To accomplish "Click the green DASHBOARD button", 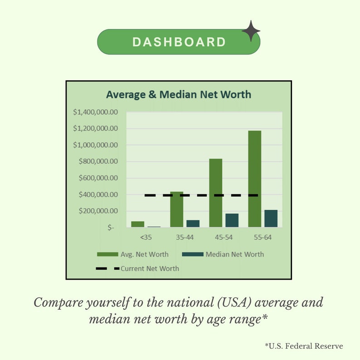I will coord(179,42).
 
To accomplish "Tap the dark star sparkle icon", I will coord(251,31).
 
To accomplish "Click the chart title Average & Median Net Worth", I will coord(178,95).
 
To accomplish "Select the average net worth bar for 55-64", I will coord(255,179).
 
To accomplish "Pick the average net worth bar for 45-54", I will coord(216,193).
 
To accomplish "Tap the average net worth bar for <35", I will coord(138,224).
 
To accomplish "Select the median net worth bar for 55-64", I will coord(271,219).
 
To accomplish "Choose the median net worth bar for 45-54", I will coord(232,220).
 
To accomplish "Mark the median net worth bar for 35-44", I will coord(193,224).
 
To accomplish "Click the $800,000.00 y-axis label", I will coord(98,161).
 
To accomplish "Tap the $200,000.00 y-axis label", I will coord(98,211).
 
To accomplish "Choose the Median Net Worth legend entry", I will coord(223,254).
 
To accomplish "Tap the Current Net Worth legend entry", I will coord(138,268).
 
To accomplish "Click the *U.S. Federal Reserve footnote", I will coord(304,346).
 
